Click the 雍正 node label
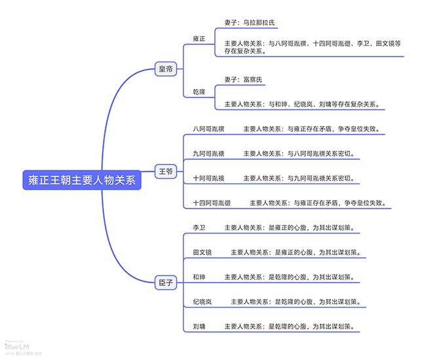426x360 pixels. pyautogui.click(x=199, y=39)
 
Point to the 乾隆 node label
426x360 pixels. pyautogui.click(x=199, y=92)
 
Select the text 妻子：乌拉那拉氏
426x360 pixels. pyautogui.click(x=250, y=23)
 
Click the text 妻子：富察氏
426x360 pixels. pyautogui.click(x=244, y=79)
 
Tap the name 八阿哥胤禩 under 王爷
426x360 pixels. pyautogui.click(x=208, y=129)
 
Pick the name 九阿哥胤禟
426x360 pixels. pyautogui.click(x=208, y=153)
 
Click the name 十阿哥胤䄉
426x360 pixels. pyautogui.click(x=208, y=178)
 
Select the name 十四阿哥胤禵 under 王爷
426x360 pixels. pyautogui.click(x=212, y=203)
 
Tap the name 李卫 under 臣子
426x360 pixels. pyautogui.click(x=199, y=228)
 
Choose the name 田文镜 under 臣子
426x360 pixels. pyautogui.click(x=202, y=252)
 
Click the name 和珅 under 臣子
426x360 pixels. pyautogui.click(x=199, y=277)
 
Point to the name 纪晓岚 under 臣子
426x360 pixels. pyautogui.click(x=202, y=302)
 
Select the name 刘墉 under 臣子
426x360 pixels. pyautogui.click(x=199, y=326)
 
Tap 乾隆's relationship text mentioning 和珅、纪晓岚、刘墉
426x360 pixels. pyautogui.click(x=302, y=104)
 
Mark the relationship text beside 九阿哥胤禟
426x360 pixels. pyautogui.click(x=299, y=153)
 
